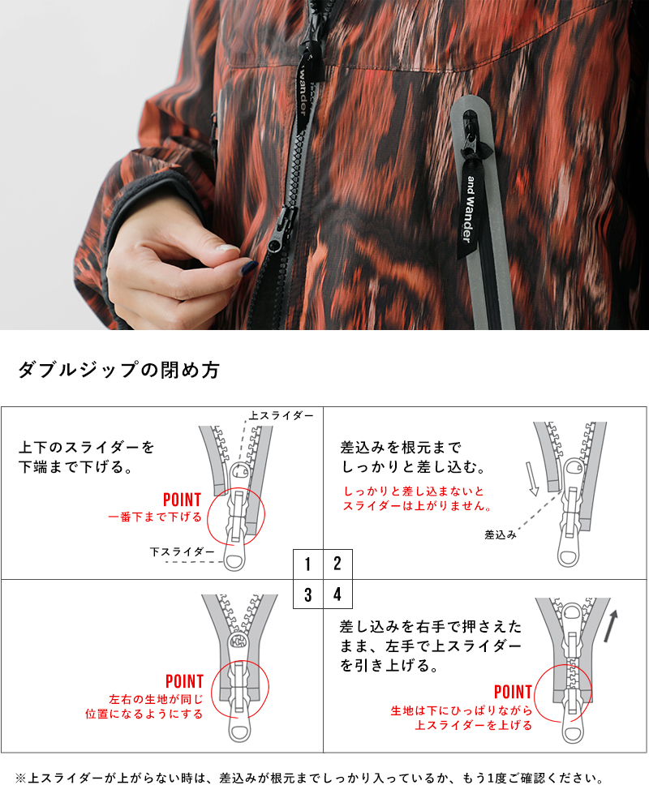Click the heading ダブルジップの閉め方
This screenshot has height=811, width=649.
[118, 371]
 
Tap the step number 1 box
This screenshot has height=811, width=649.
[308, 564]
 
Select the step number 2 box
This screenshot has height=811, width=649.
[337, 564]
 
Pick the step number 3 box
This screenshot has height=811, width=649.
[308, 594]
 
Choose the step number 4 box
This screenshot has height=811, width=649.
[337, 594]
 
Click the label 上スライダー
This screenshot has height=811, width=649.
[281, 415]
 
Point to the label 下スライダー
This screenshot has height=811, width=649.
[183, 551]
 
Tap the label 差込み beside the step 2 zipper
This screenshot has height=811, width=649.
[501, 534]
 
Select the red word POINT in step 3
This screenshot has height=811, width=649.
[185, 681]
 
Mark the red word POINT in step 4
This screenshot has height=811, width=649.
[513, 693]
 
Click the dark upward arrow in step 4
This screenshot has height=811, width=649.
[612, 625]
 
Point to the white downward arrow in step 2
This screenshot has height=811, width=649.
[532, 478]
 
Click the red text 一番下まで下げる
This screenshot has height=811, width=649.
[154, 516]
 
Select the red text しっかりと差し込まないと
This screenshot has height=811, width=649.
[414, 491]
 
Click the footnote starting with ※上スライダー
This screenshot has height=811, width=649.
[308, 779]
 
